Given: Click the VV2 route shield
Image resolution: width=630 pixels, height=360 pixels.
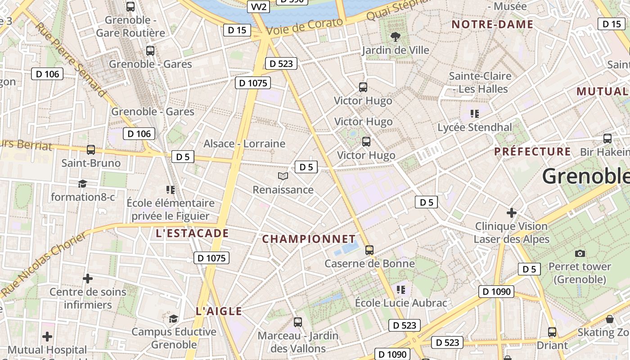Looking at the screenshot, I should click(x=258, y=6).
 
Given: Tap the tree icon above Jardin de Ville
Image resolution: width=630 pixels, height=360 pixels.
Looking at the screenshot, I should click(x=396, y=36).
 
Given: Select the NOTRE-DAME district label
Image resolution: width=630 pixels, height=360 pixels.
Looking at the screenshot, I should click(x=492, y=24).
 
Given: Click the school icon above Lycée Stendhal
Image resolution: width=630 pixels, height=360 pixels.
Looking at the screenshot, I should click(x=474, y=113).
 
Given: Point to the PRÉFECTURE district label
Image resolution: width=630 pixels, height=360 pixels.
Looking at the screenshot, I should click(x=532, y=152).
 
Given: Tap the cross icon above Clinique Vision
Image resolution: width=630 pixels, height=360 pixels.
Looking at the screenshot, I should click(x=511, y=212).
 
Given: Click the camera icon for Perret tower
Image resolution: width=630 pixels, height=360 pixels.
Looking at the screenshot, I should click(x=580, y=253).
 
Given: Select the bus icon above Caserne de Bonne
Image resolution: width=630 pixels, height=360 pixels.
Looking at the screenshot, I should click(x=369, y=250).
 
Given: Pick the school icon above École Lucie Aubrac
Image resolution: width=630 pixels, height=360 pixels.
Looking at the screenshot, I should click(x=401, y=289).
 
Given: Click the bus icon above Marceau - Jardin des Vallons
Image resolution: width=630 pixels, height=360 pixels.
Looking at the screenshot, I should click(x=297, y=322).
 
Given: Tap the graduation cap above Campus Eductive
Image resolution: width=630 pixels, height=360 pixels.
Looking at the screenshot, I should click(x=173, y=319).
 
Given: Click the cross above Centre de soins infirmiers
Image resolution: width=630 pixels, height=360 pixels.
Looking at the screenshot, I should click(x=88, y=279).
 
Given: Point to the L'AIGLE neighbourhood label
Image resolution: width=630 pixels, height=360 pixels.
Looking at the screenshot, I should click(x=219, y=311).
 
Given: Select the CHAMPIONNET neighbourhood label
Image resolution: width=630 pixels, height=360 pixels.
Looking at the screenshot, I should click(x=309, y=239).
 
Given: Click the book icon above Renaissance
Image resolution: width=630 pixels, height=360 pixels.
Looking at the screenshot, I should click(x=283, y=176).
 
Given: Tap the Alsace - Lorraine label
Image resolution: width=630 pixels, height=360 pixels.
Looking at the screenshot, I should click(x=244, y=144).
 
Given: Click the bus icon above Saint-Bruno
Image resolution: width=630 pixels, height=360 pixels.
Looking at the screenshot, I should click(x=91, y=149).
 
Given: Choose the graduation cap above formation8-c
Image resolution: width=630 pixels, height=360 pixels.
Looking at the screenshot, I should click(x=82, y=184).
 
